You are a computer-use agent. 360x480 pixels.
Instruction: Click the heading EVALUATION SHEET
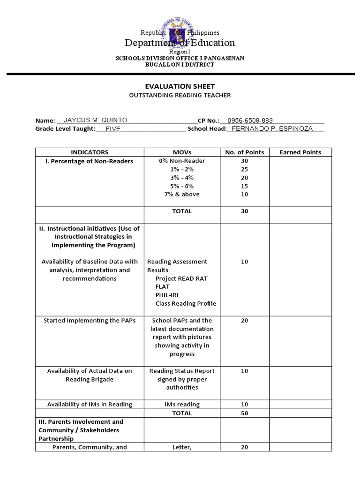point(180,86)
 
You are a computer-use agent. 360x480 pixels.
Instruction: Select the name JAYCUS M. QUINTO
point(95,120)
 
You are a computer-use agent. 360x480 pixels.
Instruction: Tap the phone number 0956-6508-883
point(250,120)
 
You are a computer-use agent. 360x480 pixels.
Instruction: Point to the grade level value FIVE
point(113,129)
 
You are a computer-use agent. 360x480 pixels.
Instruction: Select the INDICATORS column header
point(90,152)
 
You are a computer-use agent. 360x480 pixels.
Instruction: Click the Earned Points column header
point(300,152)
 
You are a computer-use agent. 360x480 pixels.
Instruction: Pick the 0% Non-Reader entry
point(182,161)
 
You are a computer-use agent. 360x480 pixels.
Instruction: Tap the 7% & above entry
point(182,194)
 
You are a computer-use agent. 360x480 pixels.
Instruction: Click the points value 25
point(244,169)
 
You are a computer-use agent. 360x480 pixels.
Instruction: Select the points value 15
point(244,186)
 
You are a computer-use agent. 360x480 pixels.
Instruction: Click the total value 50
point(244,413)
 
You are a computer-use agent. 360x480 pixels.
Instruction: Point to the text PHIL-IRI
point(166,295)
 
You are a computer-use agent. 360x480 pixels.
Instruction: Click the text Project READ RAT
point(181,278)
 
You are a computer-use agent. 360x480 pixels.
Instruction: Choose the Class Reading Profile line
point(186,303)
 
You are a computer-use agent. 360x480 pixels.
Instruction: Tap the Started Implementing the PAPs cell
point(90,321)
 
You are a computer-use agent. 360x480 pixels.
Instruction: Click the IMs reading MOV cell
point(182,405)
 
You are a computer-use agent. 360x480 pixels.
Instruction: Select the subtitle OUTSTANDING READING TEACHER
point(180,95)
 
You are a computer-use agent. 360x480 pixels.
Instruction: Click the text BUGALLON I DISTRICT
point(180,65)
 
